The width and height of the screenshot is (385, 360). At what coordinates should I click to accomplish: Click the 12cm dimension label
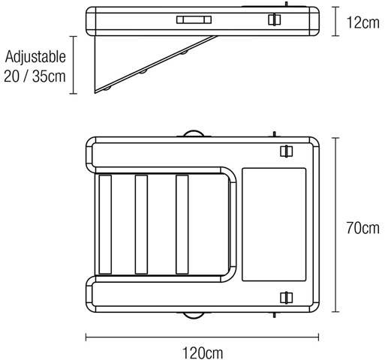tap(362, 22)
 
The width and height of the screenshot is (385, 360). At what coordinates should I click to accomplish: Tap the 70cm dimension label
tap(362, 228)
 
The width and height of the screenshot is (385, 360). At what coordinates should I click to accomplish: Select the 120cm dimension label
tap(203, 353)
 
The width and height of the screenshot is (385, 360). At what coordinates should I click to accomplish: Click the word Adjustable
tap(35, 56)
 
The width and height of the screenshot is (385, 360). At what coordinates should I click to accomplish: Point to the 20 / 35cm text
tap(35, 76)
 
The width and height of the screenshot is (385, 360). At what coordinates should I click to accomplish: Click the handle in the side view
tap(194, 19)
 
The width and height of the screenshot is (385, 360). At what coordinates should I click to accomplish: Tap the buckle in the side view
tap(275, 19)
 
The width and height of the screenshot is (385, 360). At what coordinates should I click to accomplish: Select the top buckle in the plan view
tap(287, 151)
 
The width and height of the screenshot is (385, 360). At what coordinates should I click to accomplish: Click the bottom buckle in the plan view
tap(287, 298)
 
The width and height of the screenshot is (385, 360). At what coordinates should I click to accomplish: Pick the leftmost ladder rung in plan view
tap(105, 224)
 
